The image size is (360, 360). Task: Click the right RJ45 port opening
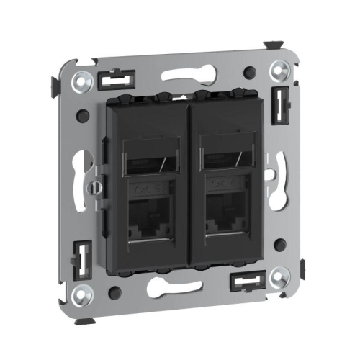[225, 214]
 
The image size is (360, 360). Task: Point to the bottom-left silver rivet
[85, 294]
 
